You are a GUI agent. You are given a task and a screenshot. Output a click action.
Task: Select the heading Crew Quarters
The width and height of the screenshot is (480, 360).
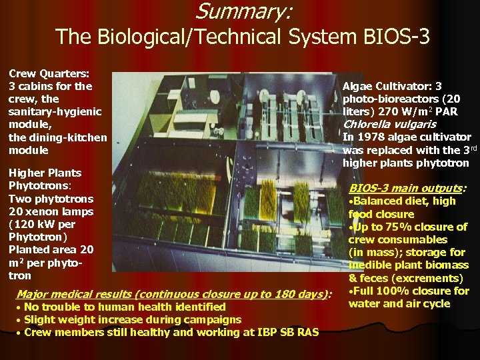[x=50, y=73]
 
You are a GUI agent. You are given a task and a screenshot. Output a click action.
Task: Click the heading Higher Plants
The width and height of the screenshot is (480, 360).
[x=45, y=173]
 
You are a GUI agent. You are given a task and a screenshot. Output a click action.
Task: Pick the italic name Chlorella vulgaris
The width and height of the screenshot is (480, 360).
[x=389, y=124]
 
